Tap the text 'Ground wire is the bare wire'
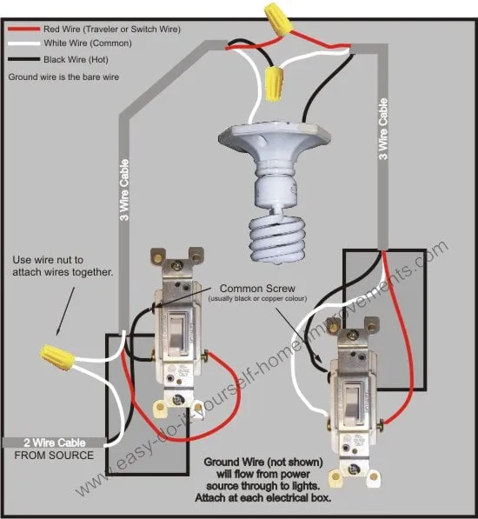[63, 77]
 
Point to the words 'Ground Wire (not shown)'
[264, 462]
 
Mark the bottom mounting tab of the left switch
[178, 401]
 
